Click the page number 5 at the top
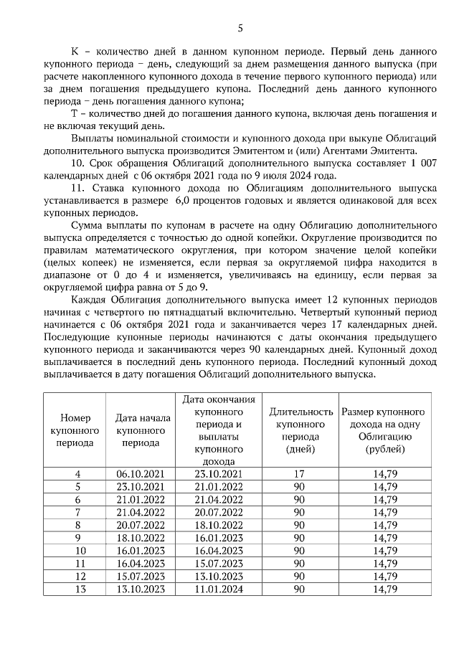click(240, 28)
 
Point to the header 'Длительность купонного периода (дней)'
click(300, 430)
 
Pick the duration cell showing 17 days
click(300, 474)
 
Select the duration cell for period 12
click(300, 577)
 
